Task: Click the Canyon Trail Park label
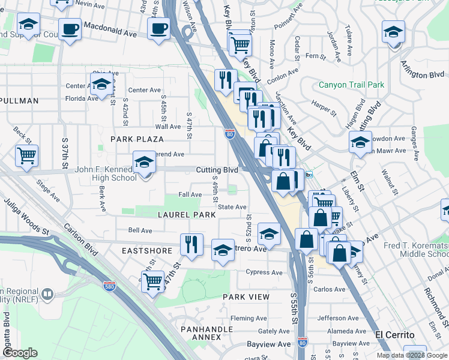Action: click(351, 85)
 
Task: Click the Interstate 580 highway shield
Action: click(109, 287)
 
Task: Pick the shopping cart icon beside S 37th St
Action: click(26, 155)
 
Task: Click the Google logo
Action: click(21, 353)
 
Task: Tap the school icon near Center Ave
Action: click(101, 83)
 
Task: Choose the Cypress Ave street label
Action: click(264, 272)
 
